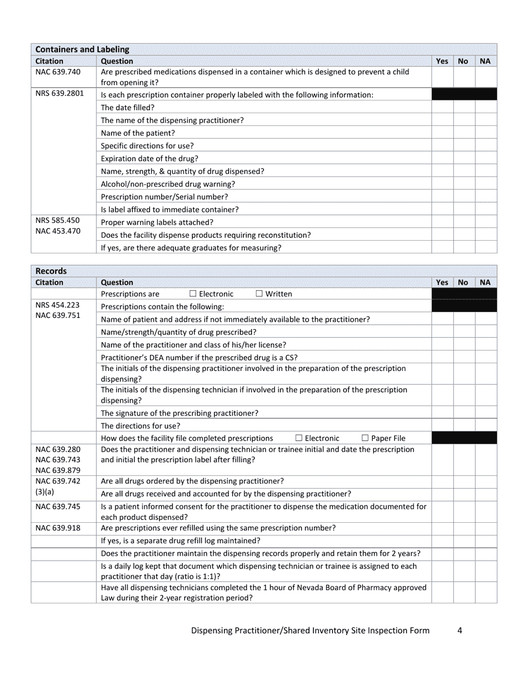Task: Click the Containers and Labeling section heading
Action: [82, 50]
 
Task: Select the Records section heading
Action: [51, 271]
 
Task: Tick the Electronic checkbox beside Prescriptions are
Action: [193, 294]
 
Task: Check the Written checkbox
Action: [259, 294]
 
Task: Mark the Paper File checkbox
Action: [365, 438]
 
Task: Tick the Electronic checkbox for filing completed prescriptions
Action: [299, 438]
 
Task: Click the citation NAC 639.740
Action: [58, 72]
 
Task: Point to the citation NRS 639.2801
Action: [60, 93]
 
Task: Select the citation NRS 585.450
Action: [58, 220]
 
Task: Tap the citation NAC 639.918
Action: [58, 528]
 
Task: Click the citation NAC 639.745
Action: [58, 506]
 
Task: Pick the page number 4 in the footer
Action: [459, 630]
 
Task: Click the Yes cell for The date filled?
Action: [442, 108]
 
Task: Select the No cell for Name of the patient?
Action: [464, 133]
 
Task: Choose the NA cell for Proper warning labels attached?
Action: [485, 222]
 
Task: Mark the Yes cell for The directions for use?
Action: [442, 426]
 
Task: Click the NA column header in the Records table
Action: [485, 282]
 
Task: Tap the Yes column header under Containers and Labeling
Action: [442, 61]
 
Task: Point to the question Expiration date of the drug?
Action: [149, 158]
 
